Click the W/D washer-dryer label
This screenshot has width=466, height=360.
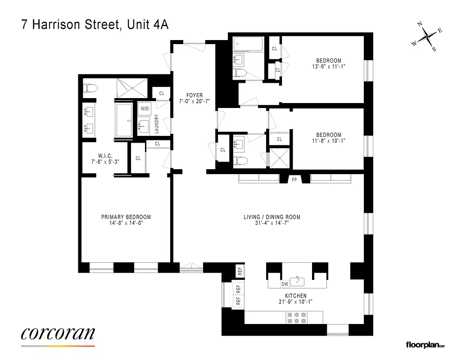[x=145, y=109]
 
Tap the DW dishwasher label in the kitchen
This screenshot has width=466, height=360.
[x=285, y=284]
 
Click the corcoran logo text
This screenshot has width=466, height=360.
[x=58, y=333]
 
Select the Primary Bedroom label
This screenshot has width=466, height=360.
[x=126, y=217]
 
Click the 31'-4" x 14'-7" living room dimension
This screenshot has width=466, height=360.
[x=271, y=223]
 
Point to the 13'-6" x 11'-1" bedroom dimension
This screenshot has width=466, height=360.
[x=328, y=67]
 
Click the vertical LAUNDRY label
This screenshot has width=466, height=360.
[x=157, y=124]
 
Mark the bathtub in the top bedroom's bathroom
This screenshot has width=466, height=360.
[x=247, y=45]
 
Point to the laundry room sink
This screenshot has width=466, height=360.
[x=145, y=126]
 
